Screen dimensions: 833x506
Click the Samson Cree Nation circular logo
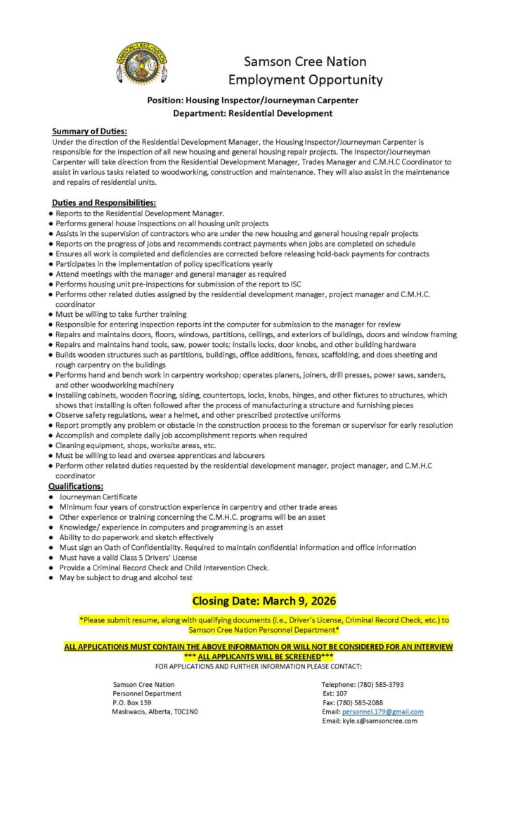(x=141, y=63)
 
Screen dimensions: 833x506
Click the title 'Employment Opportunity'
(x=305, y=79)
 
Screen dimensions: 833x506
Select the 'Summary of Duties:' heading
(x=89, y=131)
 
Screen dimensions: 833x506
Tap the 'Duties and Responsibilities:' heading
(x=104, y=203)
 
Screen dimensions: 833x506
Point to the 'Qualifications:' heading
(x=76, y=486)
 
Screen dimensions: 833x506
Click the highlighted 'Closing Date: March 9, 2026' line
(x=264, y=601)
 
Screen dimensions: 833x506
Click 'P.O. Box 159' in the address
(x=132, y=702)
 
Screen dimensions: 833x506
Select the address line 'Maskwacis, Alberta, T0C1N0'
(x=155, y=711)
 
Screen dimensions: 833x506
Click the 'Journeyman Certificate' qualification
(x=98, y=497)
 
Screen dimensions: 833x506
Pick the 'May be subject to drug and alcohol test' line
(x=126, y=577)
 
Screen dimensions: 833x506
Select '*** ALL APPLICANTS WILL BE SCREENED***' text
(x=259, y=655)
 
